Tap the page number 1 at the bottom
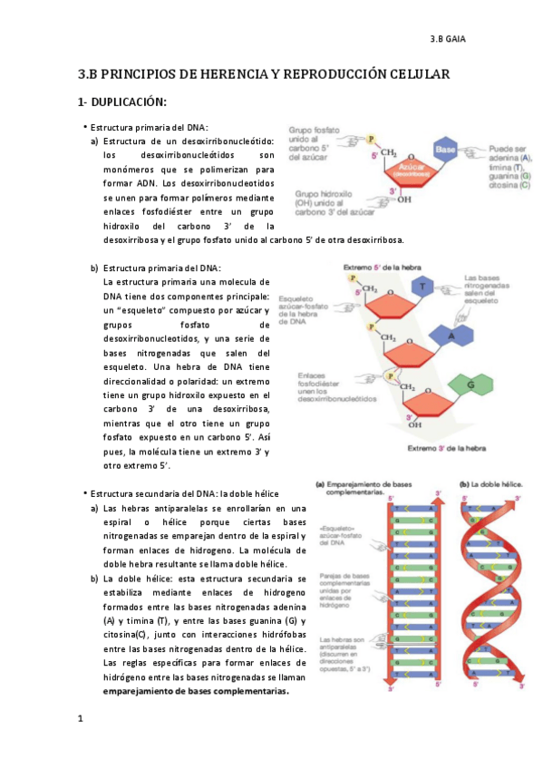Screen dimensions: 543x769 click(x=81, y=719)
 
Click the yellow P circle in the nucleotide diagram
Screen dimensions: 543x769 click(x=370, y=139)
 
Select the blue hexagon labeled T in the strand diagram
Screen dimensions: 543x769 click(x=422, y=287)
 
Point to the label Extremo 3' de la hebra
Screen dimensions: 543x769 click(x=447, y=448)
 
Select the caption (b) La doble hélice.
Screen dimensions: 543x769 click(x=491, y=484)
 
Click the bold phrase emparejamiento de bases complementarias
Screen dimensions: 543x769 click(x=196, y=691)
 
